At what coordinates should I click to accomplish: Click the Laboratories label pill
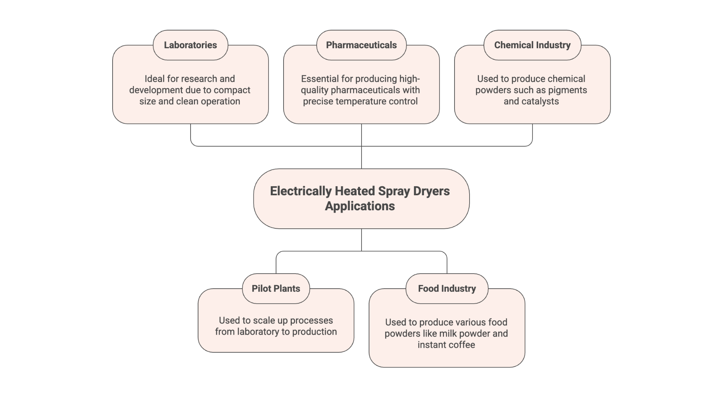[190, 45]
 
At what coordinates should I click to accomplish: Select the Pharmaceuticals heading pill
[361, 45]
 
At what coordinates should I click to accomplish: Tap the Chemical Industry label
[532, 45]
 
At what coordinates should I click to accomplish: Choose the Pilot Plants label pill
[276, 289]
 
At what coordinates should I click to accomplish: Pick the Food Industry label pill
[447, 289]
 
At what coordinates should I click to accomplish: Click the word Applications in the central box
[360, 206]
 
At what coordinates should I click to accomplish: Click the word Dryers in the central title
[431, 191]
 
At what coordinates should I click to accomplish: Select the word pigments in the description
[567, 90]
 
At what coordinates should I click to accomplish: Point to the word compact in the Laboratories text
[232, 90]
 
